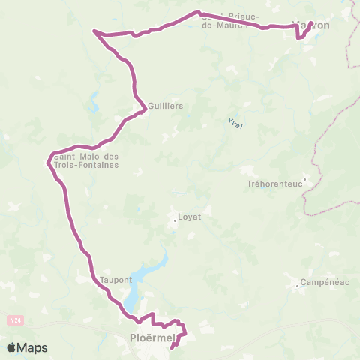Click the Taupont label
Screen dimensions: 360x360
[x=116, y=280]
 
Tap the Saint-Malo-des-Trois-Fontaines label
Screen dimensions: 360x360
[x=86, y=160]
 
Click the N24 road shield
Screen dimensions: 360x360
[x=15, y=320]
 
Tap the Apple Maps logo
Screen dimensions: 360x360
[x=27, y=347]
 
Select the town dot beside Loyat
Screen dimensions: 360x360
[x=175, y=220]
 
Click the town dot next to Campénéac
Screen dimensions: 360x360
[x=297, y=283]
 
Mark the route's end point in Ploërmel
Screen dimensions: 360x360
[x=172, y=346]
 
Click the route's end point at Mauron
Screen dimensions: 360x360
[x=311, y=23]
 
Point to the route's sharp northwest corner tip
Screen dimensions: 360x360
[x=93, y=31]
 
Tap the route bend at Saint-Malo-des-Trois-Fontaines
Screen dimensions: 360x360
[x=49, y=160]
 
